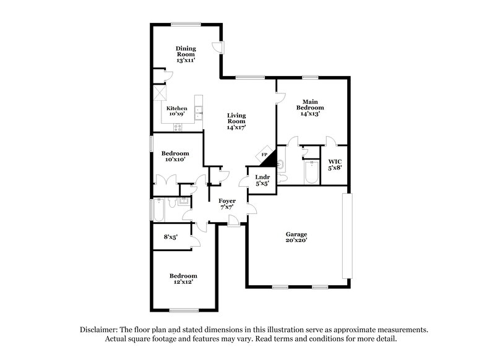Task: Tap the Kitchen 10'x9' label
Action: coord(177,111)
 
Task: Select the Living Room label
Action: coord(236,122)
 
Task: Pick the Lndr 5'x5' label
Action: coord(261,179)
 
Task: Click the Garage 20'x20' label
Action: coord(296,238)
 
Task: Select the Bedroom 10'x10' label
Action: coord(175,156)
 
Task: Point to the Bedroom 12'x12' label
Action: coord(184,280)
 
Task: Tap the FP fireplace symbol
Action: coord(264,155)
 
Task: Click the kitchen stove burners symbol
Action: coord(178,127)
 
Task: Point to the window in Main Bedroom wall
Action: coord(310,78)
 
